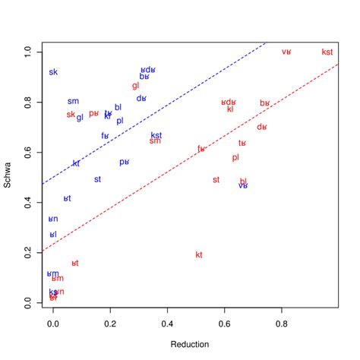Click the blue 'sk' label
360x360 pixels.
[53, 73]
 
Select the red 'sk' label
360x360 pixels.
[71, 115]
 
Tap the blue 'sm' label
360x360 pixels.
[73, 101]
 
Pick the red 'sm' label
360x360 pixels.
[155, 141]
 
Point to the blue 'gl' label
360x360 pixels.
[80, 118]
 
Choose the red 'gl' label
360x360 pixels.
[136, 86]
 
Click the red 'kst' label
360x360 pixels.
[327, 52]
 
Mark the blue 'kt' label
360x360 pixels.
[76, 163]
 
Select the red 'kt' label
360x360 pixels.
[199, 254]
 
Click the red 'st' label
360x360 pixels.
[216, 180]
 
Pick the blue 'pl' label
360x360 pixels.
[120, 121]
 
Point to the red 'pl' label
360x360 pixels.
[235, 158]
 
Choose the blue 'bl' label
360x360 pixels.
[118, 108]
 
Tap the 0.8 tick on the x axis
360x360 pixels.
[282, 322]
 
